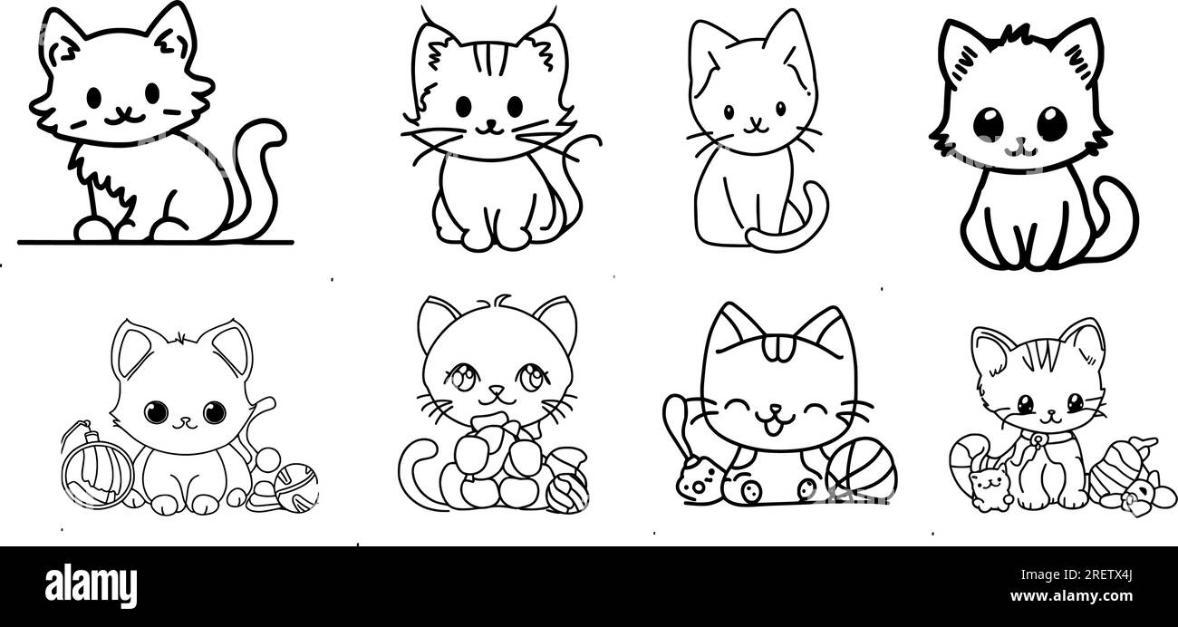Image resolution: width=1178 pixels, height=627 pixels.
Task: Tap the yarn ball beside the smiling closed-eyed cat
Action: [x=860, y=469]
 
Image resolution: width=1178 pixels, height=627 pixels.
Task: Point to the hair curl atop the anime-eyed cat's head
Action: [x=501, y=301]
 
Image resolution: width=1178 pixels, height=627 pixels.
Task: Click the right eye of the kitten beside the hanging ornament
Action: [x=214, y=413]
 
